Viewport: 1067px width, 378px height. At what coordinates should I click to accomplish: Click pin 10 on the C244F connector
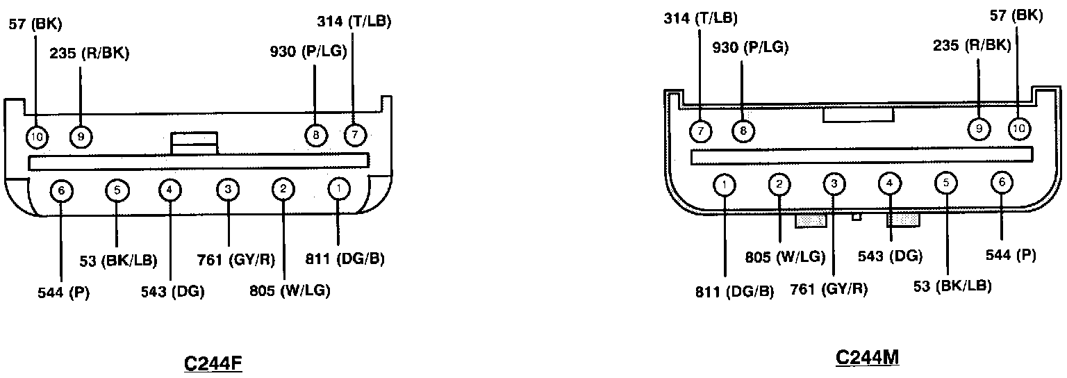click(37, 138)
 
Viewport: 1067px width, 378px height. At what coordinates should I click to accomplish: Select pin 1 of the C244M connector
click(725, 184)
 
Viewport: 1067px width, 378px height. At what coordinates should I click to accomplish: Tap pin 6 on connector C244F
click(61, 190)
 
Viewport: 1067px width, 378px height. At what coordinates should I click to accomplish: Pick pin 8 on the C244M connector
click(743, 130)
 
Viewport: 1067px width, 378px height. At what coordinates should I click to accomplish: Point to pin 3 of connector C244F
click(228, 189)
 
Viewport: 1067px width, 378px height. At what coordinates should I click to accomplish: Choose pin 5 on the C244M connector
click(946, 183)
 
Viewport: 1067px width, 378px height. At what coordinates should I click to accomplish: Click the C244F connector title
click(213, 363)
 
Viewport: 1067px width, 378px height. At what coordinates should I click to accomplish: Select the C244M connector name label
click(867, 357)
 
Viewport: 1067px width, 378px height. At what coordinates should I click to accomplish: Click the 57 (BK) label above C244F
click(35, 24)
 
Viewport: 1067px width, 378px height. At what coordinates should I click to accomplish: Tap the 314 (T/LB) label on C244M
click(700, 19)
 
